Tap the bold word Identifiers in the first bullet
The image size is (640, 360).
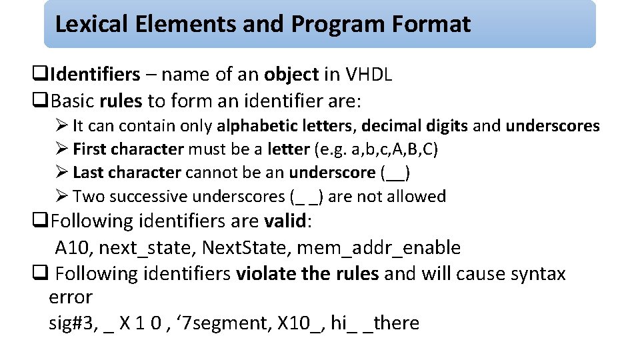(95, 75)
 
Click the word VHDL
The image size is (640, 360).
(368, 75)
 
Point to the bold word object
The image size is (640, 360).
(291, 75)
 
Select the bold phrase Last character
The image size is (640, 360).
(127, 173)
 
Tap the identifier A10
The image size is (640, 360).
(74, 248)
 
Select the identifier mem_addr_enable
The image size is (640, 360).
(379, 248)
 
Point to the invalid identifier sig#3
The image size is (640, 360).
(72, 323)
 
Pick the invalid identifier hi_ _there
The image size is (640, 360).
(375, 323)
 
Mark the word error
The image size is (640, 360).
(71, 297)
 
